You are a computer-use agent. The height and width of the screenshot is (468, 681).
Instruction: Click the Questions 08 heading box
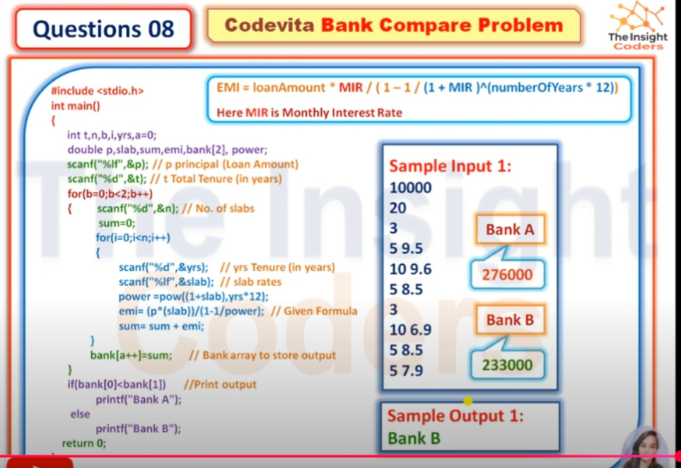103,29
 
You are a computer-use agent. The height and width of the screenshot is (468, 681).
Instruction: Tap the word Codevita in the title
269,25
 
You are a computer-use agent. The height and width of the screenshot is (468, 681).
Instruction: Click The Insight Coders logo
638,26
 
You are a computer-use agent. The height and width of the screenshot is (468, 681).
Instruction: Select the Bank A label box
510,229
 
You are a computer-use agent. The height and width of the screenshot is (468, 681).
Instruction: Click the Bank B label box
510,320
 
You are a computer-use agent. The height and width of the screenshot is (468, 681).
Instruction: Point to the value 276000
507,275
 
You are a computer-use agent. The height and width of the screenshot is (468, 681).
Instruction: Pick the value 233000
507,365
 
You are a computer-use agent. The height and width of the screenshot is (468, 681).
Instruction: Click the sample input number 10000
410,188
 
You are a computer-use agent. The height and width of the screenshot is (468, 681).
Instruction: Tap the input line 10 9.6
410,269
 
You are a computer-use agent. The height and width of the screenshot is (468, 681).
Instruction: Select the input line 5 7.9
406,370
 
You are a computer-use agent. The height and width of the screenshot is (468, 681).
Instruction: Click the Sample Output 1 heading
455,416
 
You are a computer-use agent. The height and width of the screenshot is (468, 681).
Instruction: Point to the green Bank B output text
414,438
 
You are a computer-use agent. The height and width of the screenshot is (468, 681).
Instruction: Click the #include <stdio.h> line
98,91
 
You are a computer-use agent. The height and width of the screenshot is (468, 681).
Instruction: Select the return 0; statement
84,443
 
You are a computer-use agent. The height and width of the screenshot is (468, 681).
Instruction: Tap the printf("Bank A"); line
139,399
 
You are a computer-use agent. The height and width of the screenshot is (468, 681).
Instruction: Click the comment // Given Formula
314,311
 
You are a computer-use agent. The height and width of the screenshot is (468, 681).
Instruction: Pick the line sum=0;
117,223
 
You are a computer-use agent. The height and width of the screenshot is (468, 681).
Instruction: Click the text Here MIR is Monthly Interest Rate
309,113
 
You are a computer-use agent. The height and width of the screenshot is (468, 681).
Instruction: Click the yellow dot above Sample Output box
467,400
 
